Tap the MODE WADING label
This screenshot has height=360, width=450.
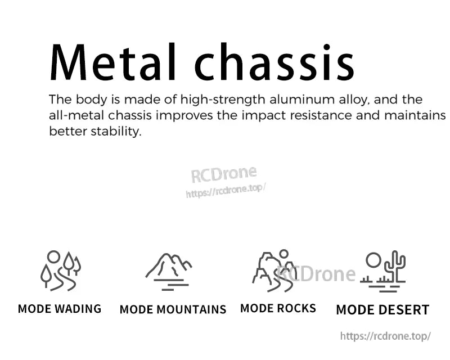[60, 309]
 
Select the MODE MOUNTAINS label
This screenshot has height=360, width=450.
[173, 310]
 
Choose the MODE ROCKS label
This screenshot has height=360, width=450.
[278, 308]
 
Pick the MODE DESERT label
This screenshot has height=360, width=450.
[382, 310]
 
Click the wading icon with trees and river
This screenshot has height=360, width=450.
[60, 271]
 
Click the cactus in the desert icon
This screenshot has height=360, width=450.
[396, 266]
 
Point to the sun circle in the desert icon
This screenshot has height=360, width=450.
[373, 260]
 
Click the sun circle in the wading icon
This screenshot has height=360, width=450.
[53, 256]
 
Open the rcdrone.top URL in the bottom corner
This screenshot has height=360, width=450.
[385, 336]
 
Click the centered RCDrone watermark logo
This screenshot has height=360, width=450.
[223, 174]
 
